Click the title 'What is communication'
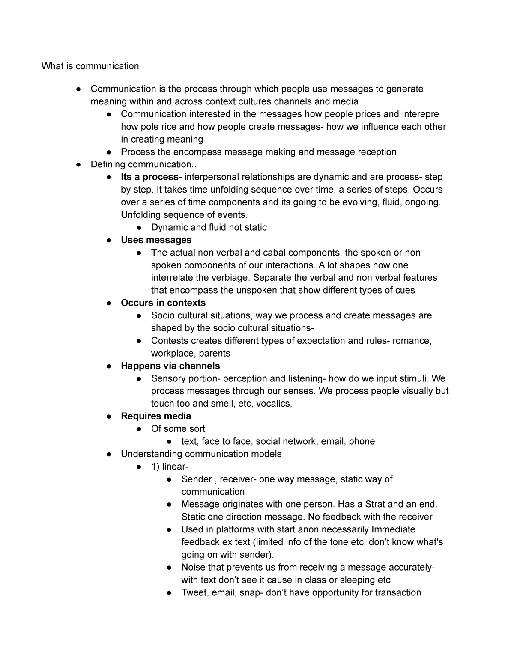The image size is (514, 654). click(90, 66)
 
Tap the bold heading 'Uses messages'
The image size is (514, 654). click(156, 240)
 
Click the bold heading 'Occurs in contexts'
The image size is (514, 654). click(163, 303)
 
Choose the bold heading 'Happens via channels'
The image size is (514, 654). click(170, 366)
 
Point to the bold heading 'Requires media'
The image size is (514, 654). click(156, 416)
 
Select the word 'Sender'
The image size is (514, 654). click(197, 479)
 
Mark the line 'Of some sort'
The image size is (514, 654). click(178, 429)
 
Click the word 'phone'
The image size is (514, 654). click(362, 441)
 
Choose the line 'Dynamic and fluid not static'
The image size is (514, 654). click(209, 227)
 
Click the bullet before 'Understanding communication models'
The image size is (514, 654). click(110, 454)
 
